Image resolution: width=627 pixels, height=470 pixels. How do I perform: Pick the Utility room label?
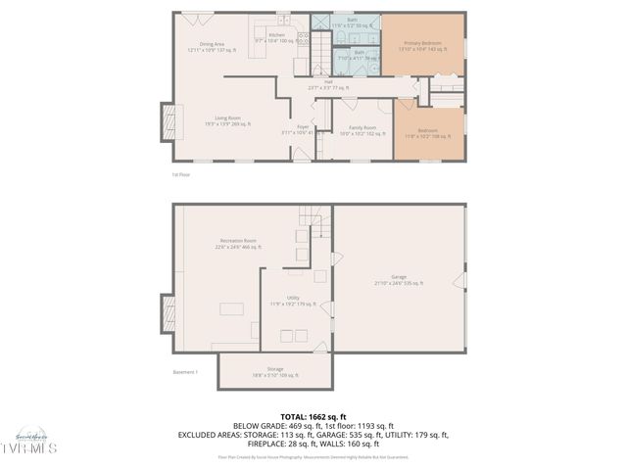[293, 300]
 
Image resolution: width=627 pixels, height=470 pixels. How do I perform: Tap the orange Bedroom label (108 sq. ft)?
[428, 132]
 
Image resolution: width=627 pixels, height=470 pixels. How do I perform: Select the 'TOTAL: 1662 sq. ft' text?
[313, 416]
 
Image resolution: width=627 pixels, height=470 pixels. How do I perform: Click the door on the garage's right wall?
[457, 281]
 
